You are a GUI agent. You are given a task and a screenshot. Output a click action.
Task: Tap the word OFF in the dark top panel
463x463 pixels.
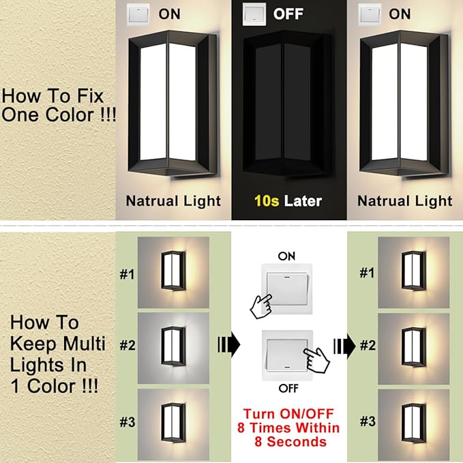289,13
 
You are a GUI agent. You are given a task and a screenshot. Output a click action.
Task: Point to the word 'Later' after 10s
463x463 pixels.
303,200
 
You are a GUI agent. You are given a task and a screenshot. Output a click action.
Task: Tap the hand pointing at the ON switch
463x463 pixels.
260,304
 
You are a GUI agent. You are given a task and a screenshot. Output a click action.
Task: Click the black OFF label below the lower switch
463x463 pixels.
287,387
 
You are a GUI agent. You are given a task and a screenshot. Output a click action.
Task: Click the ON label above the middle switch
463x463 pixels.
287,255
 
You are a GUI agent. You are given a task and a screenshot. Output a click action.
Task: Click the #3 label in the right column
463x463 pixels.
368,421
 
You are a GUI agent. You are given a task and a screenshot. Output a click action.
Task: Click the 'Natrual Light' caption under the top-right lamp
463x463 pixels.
405,200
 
